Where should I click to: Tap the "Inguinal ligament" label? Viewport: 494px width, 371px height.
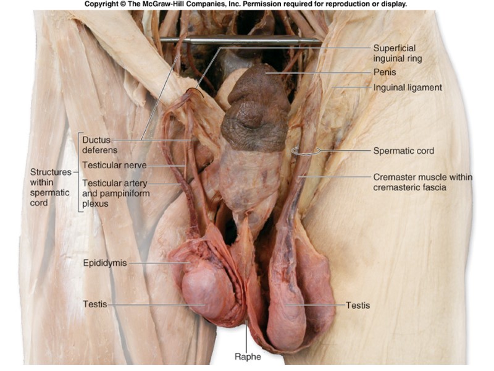(x=408, y=88)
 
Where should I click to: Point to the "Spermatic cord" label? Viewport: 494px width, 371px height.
(x=403, y=151)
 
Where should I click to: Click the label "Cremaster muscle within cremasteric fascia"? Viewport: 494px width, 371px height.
(x=422, y=182)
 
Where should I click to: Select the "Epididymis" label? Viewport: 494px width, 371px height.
(x=105, y=263)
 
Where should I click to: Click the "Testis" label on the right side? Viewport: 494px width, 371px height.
(x=358, y=305)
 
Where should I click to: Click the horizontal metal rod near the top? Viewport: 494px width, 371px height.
(x=241, y=41)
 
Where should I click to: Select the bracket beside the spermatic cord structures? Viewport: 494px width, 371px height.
(x=78, y=173)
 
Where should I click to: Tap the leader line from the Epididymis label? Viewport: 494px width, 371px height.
(x=157, y=263)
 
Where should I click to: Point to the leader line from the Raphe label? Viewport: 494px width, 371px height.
(x=246, y=337)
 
